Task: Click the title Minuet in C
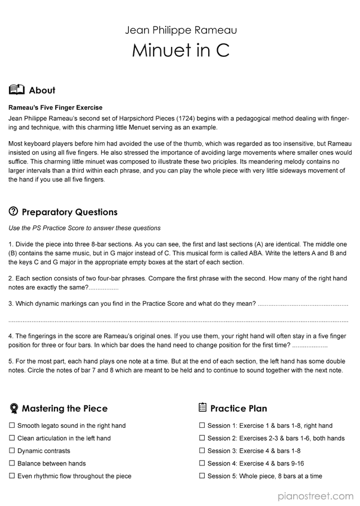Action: [181, 51]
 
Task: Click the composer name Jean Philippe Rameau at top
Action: [181, 29]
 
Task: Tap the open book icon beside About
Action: [17, 90]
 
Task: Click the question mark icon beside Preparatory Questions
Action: [13, 212]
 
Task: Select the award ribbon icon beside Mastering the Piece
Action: [13, 408]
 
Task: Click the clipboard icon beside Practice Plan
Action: [203, 408]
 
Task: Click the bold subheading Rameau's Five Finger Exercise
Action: [56, 107]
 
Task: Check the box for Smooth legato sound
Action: [12, 426]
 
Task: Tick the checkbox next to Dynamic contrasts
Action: [12, 451]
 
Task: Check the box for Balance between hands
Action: [12, 463]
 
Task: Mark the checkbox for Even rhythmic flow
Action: [12, 476]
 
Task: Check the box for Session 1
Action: [202, 426]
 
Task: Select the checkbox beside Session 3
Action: [202, 451]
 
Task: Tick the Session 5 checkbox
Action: [202, 476]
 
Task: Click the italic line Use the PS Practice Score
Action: [84, 228]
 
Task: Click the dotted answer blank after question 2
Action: [103, 288]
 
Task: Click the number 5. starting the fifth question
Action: [11, 360]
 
